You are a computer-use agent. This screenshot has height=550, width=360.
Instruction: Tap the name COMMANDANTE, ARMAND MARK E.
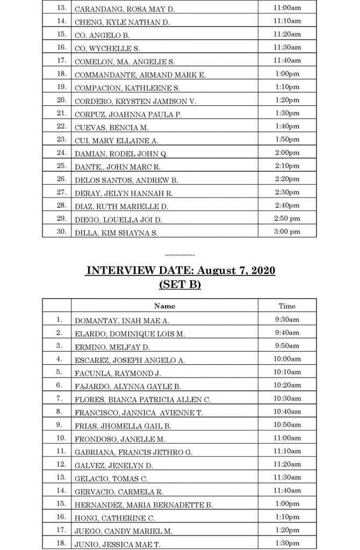(140, 74)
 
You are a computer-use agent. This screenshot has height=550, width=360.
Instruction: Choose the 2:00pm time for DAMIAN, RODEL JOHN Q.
(286, 153)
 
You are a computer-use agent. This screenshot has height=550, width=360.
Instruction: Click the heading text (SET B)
(179, 285)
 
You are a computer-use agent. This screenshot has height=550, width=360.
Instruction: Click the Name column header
(164, 306)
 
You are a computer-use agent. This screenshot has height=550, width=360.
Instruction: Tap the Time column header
(287, 306)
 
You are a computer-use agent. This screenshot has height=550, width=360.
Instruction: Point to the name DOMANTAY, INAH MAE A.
(121, 320)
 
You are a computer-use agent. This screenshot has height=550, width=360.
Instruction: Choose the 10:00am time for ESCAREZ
(286, 359)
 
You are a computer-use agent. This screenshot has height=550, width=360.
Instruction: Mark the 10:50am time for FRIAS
(286, 424)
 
